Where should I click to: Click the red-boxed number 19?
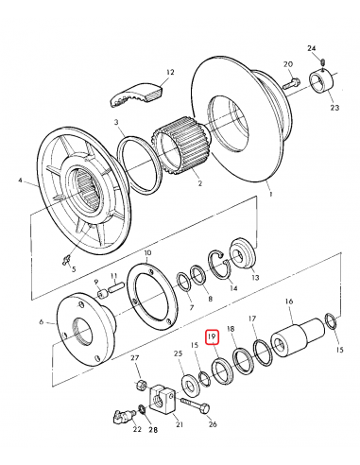[213, 336]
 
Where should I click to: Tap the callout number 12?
[170, 73]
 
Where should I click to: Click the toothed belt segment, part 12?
[137, 94]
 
